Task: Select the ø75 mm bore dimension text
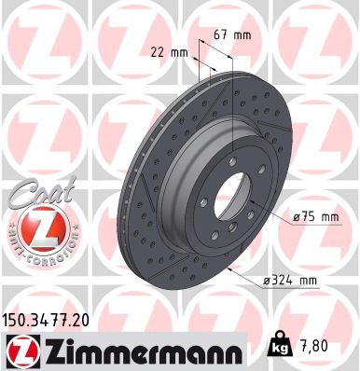click(314, 216)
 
